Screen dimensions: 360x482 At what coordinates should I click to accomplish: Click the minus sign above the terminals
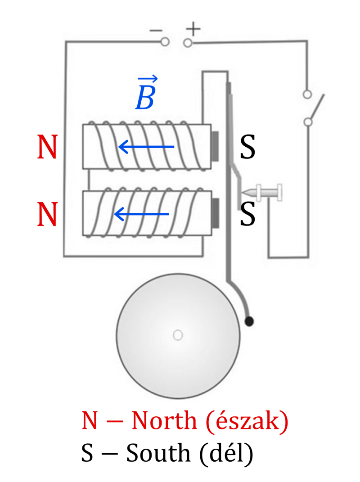[x=156, y=31]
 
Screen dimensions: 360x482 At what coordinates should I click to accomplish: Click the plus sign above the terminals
[x=193, y=30]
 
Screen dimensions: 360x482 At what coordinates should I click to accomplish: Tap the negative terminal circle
[x=165, y=42]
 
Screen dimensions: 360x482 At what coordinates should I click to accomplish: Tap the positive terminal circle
[x=188, y=43]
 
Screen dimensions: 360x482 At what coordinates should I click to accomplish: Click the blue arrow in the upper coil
[x=146, y=147]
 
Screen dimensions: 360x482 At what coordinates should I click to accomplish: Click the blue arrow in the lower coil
[x=141, y=214]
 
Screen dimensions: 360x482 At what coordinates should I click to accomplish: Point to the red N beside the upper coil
[x=47, y=147]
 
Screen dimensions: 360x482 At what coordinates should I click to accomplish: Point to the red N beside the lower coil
[x=47, y=214]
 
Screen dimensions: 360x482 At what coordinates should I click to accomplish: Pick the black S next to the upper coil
[x=247, y=147]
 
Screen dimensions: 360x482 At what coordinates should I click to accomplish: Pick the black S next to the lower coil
[x=247, y=214]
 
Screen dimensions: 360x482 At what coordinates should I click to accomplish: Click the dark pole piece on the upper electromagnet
[x=215, y=146]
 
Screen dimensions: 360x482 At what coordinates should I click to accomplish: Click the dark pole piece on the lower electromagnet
[x=216, y=213]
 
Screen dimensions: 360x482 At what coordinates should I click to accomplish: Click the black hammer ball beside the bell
[x=249, y=321]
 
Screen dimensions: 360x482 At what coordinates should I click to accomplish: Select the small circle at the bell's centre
[x=178, y=335]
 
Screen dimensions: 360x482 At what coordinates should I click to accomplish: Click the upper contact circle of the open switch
[x=307, y=95]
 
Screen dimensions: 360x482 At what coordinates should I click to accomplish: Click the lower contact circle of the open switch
[x=308, y=122]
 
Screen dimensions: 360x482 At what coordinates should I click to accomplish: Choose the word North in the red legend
[x=164, y=420]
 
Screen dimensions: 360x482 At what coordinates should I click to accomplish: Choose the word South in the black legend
[x=158, y=453]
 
